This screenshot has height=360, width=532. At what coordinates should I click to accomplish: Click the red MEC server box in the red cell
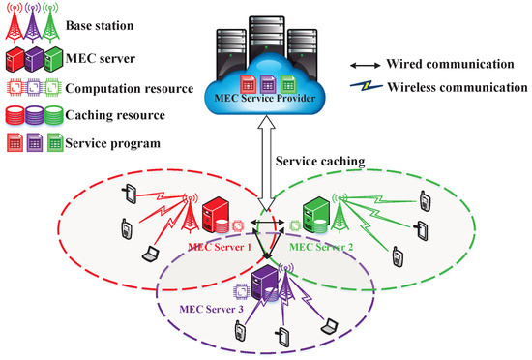pyautogui.click(x=222, y=215)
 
